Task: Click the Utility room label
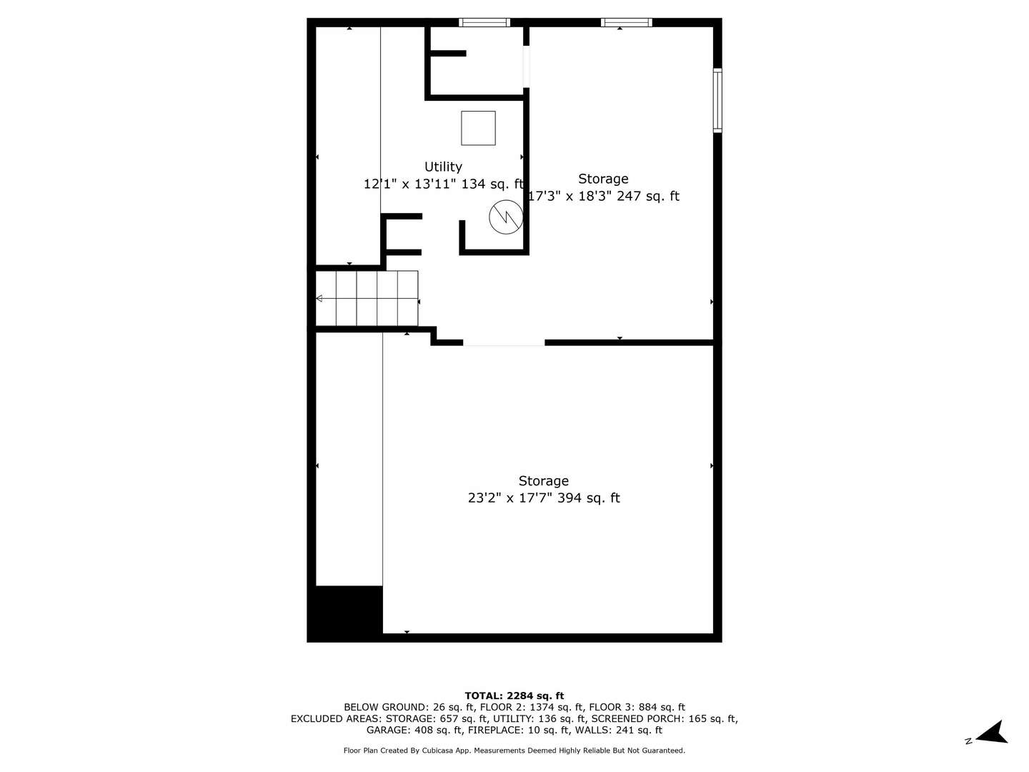pos(443,167)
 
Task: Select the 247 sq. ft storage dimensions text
pos(603,196)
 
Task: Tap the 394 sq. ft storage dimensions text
pos(543,498)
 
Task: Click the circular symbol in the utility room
pos(506,217)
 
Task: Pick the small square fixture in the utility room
pos(478,128)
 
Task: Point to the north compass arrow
pos(993,733)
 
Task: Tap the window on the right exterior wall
pos(717,101)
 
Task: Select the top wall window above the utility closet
pos(484,22)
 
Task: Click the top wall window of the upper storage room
pos(626,22)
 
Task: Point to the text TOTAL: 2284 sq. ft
pos(514,696)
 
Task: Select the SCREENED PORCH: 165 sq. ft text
pos(664,718)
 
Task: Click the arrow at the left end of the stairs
pos(319,298)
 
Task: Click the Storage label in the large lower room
pos(543,481)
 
